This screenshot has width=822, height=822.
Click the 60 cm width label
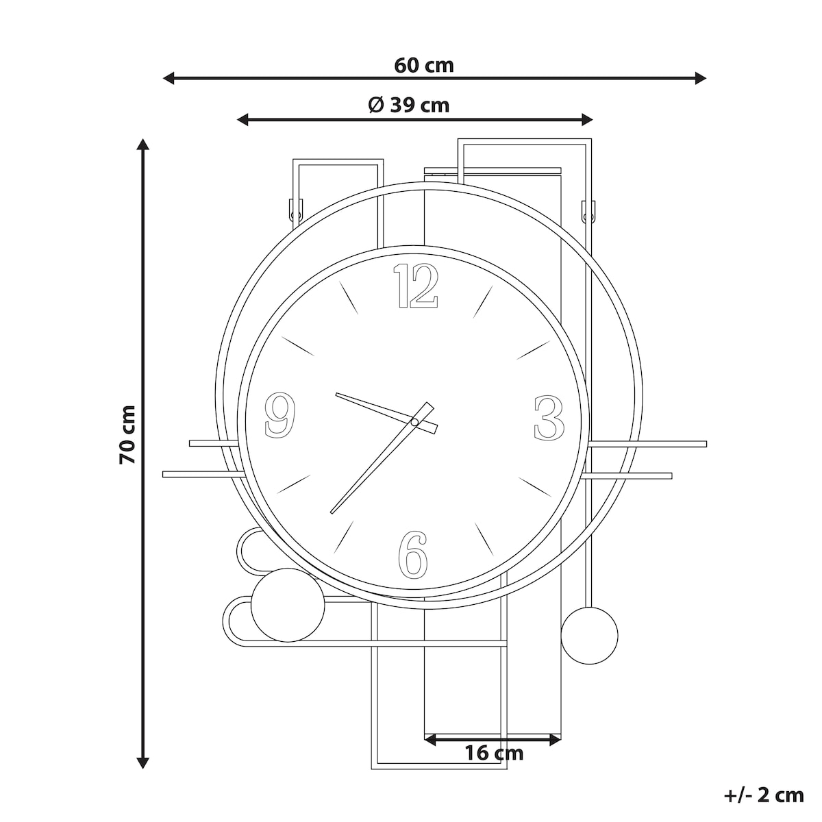(423, 66)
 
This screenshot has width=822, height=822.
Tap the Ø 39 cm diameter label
(409, 105)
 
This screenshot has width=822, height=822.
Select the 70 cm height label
(127, 435)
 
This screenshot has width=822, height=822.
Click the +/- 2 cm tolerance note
(764, 795)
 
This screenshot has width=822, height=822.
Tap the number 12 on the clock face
(416, 286)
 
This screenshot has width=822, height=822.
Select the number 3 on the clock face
(549, 418)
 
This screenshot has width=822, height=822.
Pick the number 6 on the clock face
(412, 555)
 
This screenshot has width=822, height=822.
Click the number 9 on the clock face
(280, 414)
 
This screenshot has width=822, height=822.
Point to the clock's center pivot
(414, 423)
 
